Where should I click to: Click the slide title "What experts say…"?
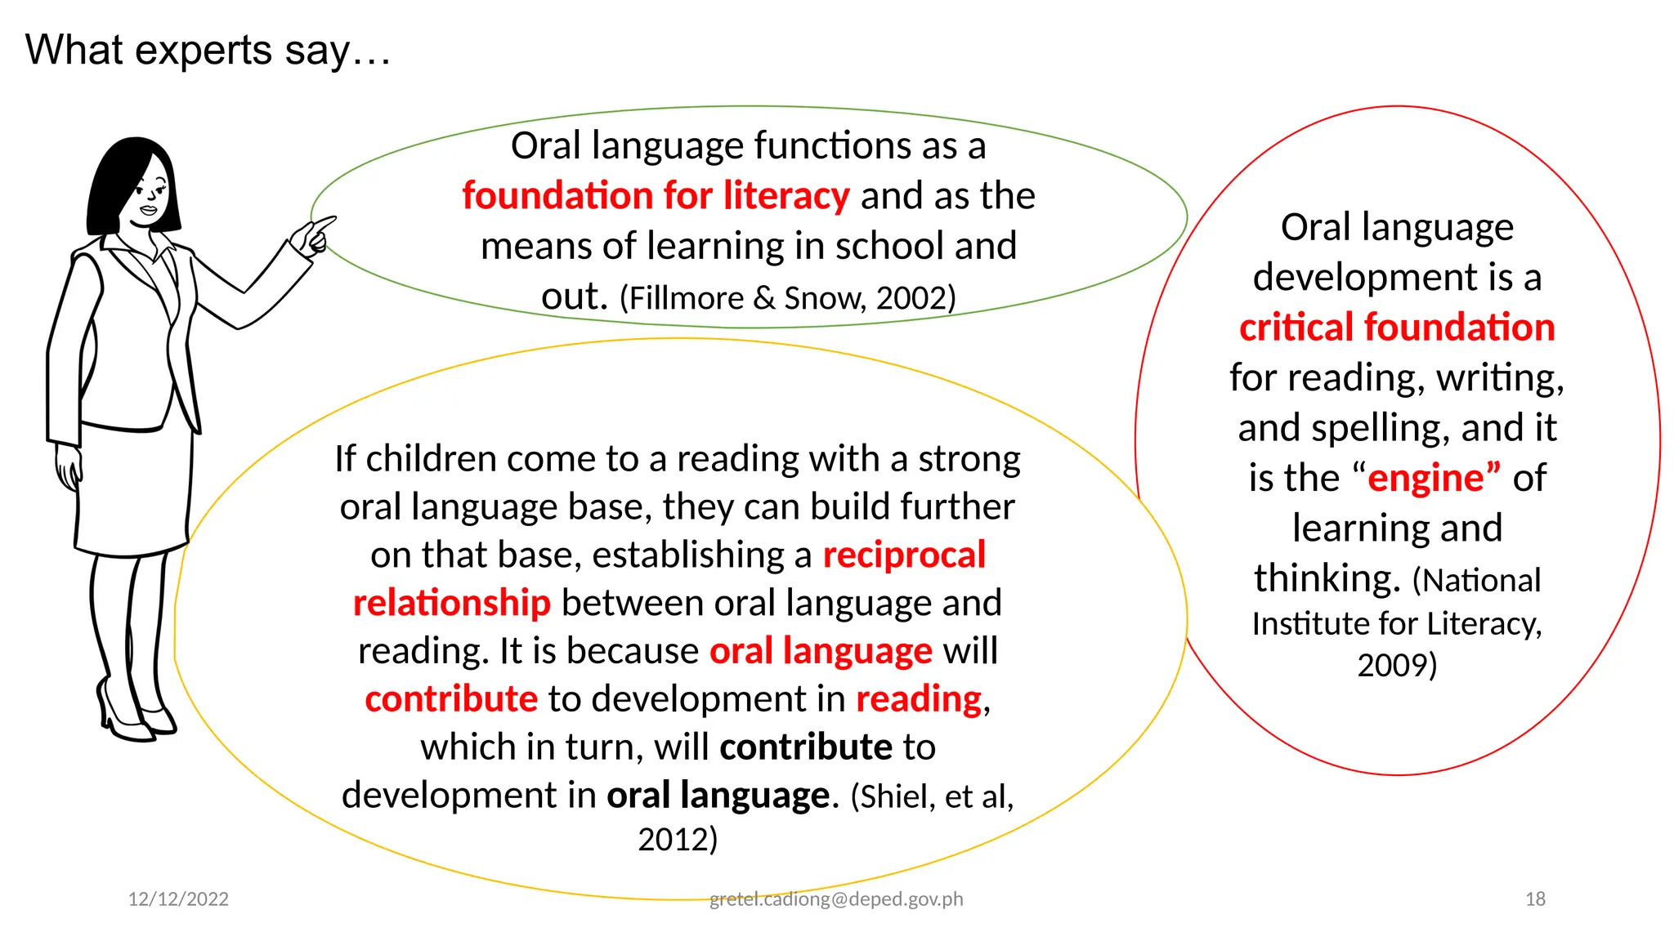point(208,51)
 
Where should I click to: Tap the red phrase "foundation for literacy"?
point(656,196)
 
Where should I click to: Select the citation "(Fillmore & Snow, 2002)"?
point(788,298)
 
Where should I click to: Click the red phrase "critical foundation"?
point(1397,328)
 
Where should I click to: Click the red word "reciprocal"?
point(904,555)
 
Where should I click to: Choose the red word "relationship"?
point(452,603)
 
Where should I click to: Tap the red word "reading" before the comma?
point(919,699)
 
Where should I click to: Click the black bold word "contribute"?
point(806,747)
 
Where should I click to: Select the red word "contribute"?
point(451,699)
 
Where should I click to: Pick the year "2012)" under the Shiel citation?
point(678,840)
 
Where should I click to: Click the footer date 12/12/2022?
point(178,899)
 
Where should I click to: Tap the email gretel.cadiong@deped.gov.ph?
point(836,899)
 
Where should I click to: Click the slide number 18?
point(1535,899)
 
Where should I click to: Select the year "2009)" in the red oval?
point(1397,665)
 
